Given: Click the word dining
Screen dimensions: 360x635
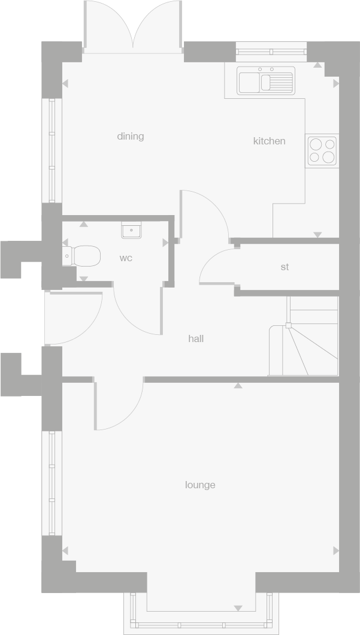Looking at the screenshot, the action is coord(131,137).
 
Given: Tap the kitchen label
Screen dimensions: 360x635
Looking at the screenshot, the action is coord(270,141).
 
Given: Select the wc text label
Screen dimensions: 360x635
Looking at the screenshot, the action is coord(126,258).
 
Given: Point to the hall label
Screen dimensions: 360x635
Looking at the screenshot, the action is coord(196,338).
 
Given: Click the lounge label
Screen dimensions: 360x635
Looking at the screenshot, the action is coord(200,485).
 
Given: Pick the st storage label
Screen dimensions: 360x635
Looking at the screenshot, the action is coord(285,267).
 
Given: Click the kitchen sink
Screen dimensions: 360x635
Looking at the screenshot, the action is coord(265,81).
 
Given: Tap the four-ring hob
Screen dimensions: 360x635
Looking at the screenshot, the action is coord(322,150).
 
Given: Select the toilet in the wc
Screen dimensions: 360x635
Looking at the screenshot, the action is coord(82,256).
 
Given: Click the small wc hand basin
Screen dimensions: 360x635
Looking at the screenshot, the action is coord(131,230).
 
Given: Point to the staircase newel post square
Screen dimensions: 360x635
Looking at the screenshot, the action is coord(288,325).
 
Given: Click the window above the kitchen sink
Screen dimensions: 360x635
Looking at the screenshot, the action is coord(271,52).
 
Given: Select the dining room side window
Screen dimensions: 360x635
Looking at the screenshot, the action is coord(52,150).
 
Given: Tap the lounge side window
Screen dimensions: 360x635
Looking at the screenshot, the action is coord(52,483).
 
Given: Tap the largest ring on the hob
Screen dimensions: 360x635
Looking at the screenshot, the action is coord(328,157).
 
